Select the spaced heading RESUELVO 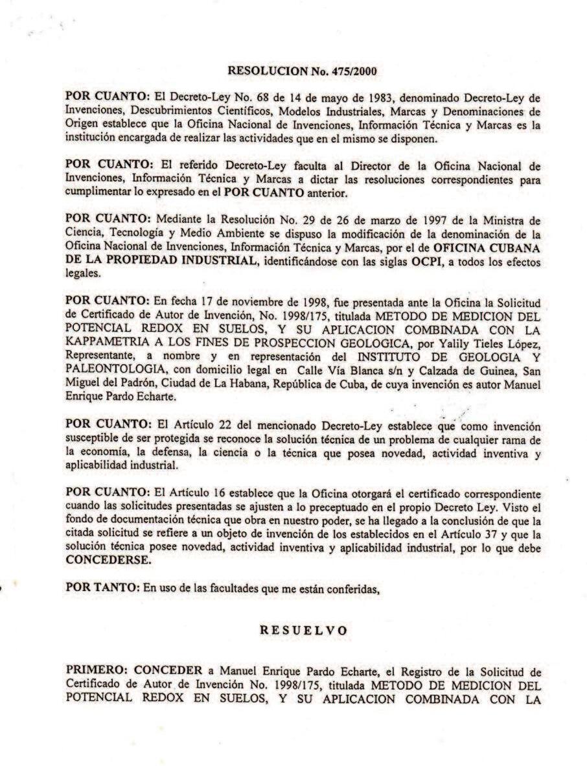(303, 629)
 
